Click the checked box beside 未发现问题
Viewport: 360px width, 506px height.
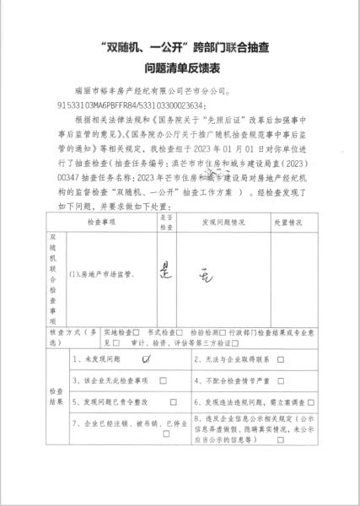click(148, 358)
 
